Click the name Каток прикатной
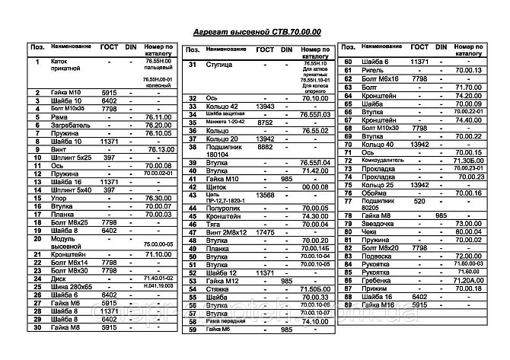point(65,66)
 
